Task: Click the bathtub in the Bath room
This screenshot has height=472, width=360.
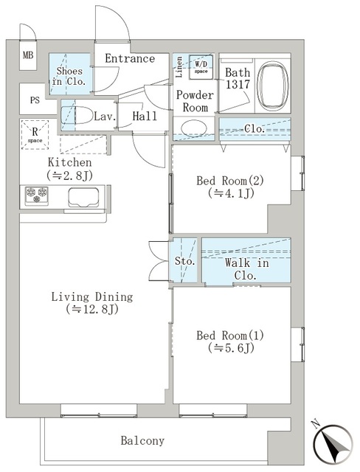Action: tap(273, 86)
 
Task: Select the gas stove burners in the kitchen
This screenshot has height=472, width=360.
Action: tap(36, 195)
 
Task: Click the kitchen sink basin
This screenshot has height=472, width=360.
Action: tap(83, 198)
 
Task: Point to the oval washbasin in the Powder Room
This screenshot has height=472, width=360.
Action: tap(194, 128)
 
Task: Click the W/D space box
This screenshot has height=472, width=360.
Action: tap(201, 67)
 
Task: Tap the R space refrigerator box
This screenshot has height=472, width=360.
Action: tap(35, 135)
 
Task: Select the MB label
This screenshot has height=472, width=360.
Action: tap(28, 55)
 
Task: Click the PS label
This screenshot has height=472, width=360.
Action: tap(35, 100)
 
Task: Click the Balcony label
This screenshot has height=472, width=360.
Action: tap(142, 440)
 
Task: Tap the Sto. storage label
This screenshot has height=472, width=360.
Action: tap(185, 260)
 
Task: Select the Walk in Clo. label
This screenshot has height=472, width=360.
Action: tap(246, 269)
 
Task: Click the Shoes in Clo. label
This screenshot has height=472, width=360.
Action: tap(69, 76)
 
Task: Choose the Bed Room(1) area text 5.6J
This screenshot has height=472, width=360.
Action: tap(231, 348)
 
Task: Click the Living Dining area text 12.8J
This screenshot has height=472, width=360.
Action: tap(92, 309)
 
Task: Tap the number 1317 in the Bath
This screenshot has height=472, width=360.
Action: tap(238, 85)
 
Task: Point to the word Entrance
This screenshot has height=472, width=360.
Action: tap(130, 58)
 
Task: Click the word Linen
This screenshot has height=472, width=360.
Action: tap(179, 67)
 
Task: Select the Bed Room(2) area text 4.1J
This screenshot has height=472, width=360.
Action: tap(231, 193)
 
